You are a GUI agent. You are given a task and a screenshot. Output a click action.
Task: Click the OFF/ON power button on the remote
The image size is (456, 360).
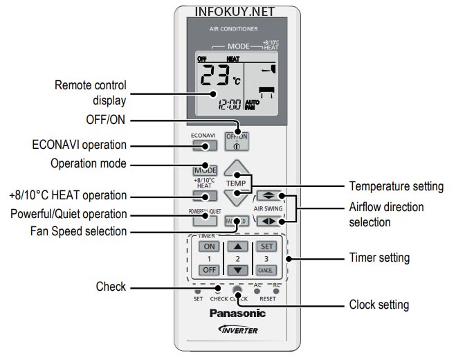point(237,141)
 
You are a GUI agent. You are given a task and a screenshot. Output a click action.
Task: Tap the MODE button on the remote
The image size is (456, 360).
point(205,170)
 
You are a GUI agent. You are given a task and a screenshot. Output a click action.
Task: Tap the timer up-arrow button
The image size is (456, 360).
point(237,246)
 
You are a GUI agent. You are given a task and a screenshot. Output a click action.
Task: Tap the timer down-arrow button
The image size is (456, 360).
point(237,269)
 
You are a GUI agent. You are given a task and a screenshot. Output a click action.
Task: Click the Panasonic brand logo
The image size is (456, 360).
point(237,314)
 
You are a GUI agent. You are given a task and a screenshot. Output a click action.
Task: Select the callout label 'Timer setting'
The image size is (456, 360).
point(379,258)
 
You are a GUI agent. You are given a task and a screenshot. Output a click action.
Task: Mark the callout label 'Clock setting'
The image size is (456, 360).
point(379,304)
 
